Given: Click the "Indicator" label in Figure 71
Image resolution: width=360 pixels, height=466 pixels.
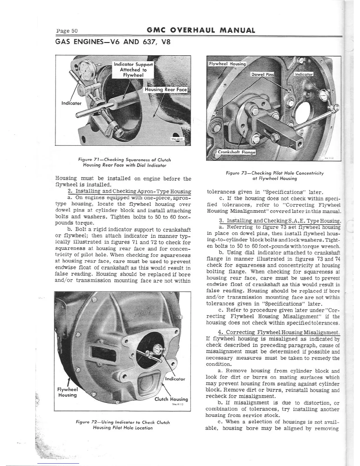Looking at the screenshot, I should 71,103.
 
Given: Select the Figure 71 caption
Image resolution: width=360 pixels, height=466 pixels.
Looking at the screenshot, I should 124,162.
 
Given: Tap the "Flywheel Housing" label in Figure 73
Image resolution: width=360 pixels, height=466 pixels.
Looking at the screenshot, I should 227,64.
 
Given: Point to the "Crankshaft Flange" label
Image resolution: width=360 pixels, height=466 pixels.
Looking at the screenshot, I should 236,152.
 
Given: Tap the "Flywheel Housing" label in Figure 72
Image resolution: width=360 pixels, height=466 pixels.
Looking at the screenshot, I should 67,392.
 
